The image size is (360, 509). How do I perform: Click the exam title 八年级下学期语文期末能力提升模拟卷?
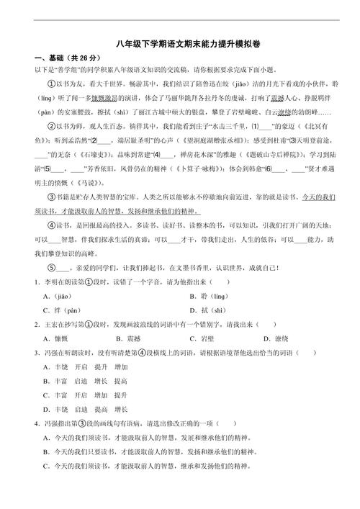coord(180,45)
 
